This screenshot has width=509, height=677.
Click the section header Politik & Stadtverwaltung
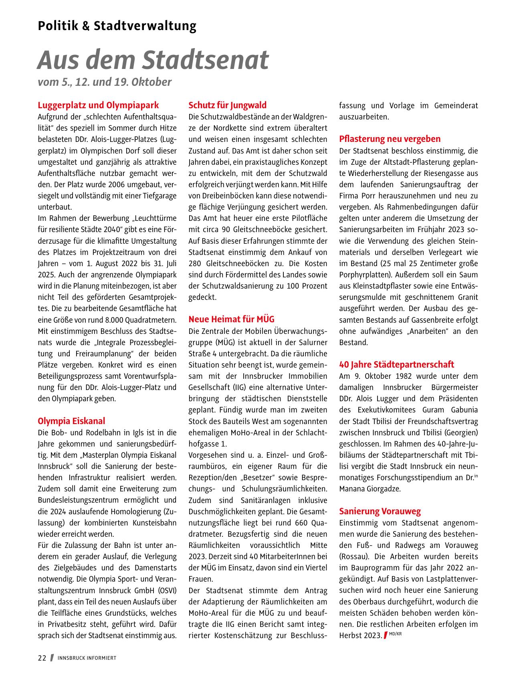[117, 26]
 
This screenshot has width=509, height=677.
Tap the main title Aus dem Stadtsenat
[153, 60]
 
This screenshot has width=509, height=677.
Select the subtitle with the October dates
[105, 82]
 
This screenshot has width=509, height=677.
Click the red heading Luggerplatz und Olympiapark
[98, 105]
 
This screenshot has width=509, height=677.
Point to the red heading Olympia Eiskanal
[71, 421]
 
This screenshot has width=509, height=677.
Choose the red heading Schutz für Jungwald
[227, 105]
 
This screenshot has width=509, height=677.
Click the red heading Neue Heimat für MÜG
[231, 319]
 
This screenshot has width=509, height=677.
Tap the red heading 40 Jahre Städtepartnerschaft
[396, 365]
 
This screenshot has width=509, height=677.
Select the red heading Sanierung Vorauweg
[380, 511]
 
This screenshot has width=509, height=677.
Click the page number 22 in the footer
[42, 658]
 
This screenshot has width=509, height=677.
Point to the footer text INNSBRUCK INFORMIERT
[87, 658]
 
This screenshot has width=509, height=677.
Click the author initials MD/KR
[395, 634]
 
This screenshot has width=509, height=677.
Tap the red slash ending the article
[385, 635]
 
